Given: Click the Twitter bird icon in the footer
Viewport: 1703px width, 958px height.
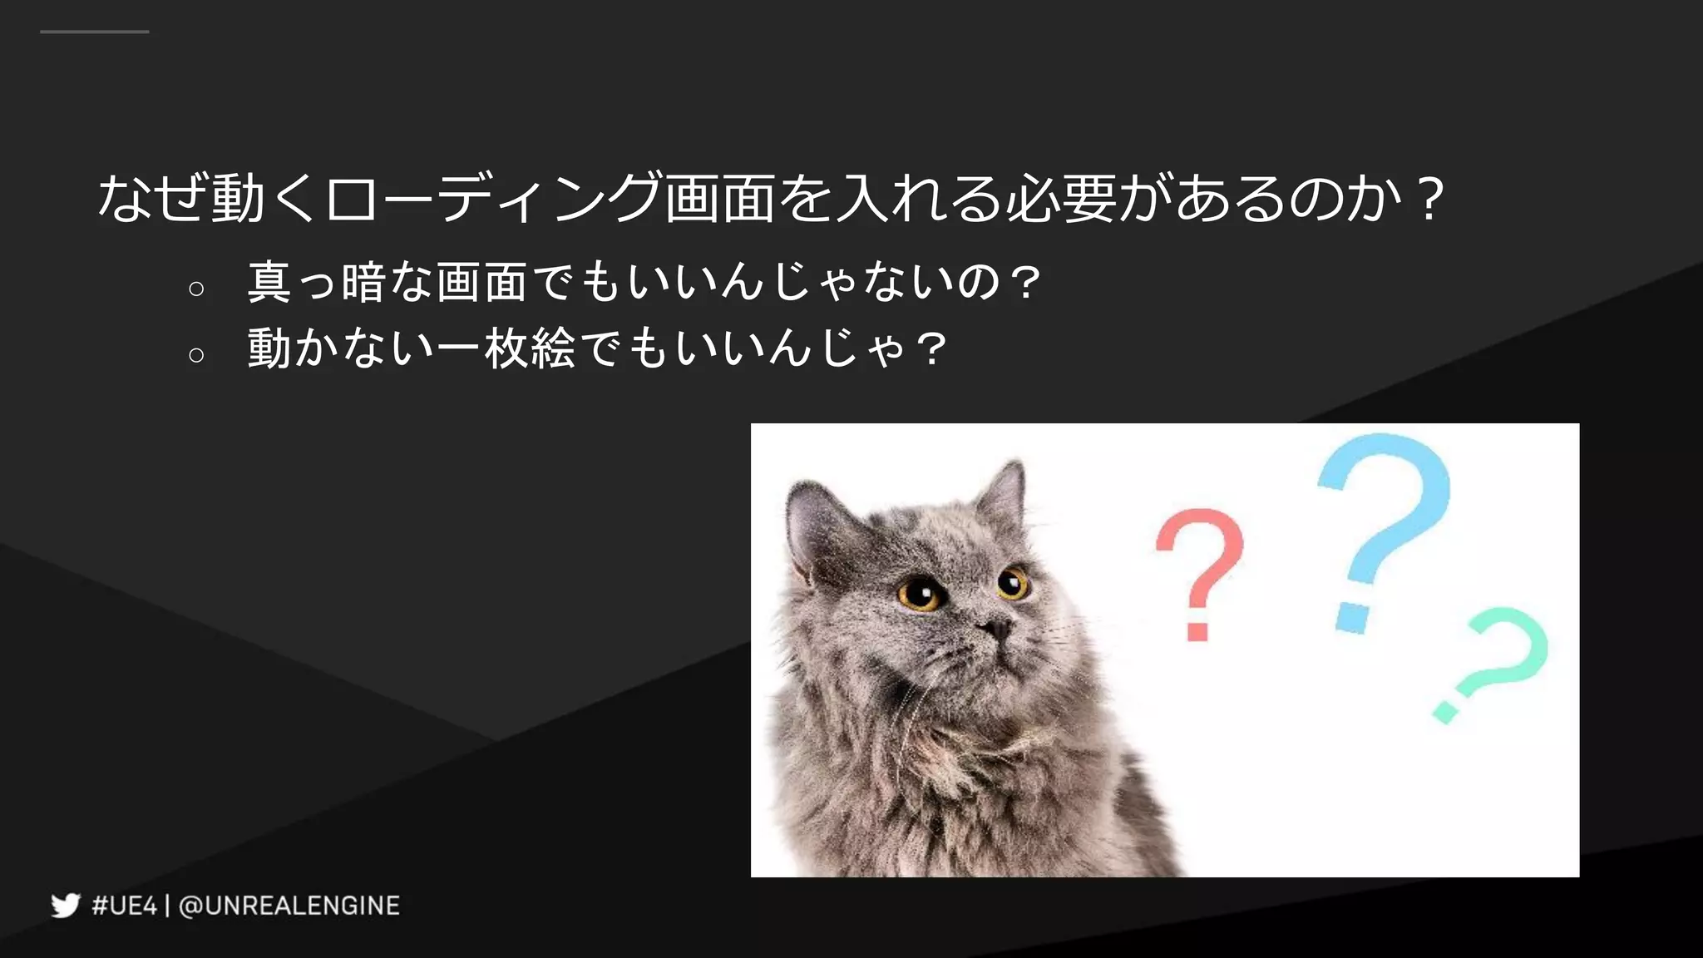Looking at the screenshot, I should (66, 905).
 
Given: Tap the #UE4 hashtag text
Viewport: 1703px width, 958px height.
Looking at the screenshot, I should (124, 906).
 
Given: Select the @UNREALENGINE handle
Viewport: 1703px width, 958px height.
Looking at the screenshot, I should (289, 906).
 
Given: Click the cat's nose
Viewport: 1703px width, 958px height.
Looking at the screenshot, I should (994, 626).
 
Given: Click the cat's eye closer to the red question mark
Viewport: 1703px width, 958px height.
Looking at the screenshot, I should (1012, 582).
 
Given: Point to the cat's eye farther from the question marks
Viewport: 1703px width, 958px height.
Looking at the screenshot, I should (921, 594).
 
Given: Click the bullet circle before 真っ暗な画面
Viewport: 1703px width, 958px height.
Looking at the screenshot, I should (196, 289).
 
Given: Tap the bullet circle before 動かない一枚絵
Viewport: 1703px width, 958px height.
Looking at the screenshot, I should (196, 355).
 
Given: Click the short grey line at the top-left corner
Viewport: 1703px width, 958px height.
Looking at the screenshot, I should (94, 32).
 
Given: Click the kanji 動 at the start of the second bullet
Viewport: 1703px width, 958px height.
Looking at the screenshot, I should (269, 348).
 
